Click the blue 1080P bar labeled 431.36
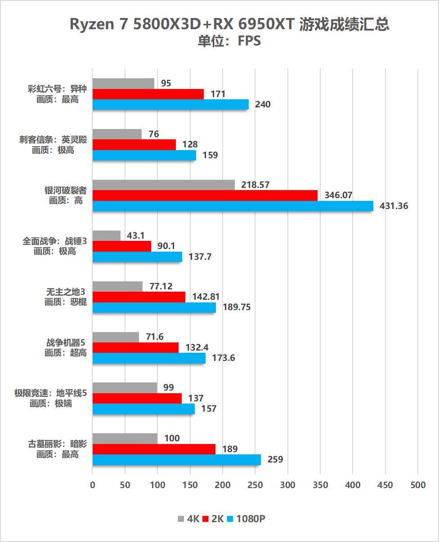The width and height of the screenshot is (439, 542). click(x=233, y=206)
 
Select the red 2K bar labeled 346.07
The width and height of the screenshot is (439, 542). click(x=205, y=195)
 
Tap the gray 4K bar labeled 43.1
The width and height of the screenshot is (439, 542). click(x=107, y=235)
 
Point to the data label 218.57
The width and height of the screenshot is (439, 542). click(x=255, y=185)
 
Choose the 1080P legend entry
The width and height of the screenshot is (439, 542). click(x=246, y=519)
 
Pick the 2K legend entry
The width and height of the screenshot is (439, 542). click(x=213, y=519)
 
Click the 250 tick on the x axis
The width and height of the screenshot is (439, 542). click(x=255, y=485)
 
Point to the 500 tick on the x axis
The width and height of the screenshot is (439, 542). click(x=418, y=485)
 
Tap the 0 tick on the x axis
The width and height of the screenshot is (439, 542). click(x=93, y=485)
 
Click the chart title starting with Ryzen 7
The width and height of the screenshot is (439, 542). click(x=229, y=24)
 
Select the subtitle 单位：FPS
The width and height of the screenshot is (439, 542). click(x=229, y=41)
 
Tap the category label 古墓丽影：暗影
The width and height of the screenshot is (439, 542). click(x=57, y=444)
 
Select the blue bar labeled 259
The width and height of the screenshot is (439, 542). click(x=177, y=459)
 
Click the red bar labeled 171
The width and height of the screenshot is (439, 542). click(x=148, y=94)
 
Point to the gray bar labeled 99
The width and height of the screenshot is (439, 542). click(x=125, y=387)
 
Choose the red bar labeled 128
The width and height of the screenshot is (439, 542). click(x=134, y=144)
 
